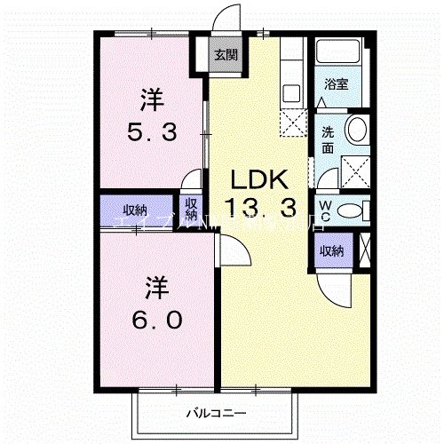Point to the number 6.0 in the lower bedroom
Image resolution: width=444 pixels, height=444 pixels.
[x=158, y=317]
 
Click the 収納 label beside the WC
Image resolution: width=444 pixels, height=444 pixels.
[x=332, y=250]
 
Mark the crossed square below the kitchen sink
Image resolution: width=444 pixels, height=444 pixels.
[x=291, y=123]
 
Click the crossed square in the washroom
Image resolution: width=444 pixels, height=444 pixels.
[x=355, y=167]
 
